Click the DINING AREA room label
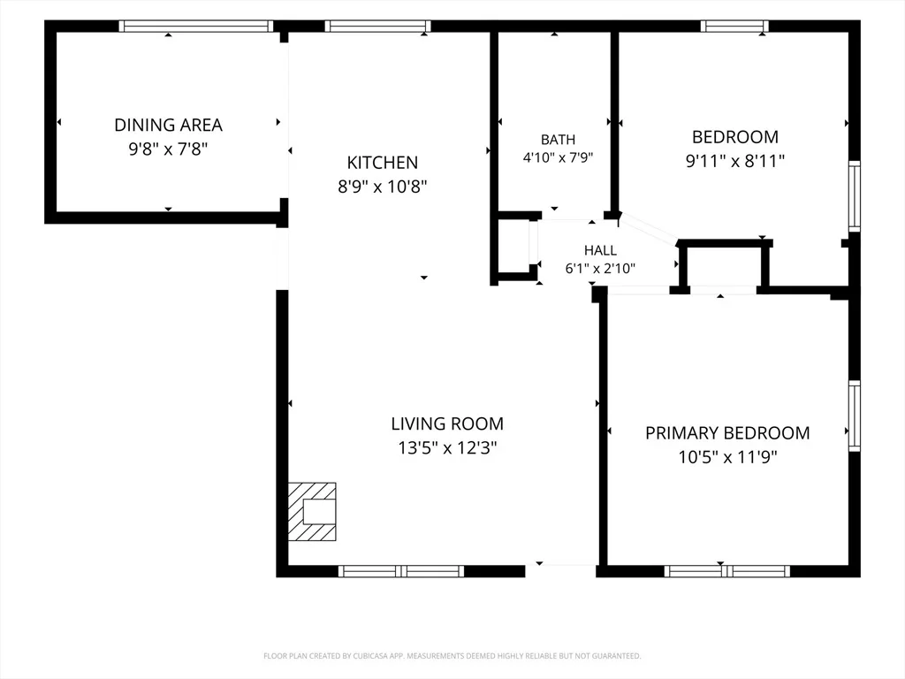coord(168,125)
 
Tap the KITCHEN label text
coord(382,163)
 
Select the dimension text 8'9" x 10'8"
coord(382,187)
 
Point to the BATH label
coord(559,140)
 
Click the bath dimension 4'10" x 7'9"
coord(559,157)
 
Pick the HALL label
coord(600,250)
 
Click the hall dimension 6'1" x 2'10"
coord(600,269)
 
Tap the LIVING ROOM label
coord(447,423)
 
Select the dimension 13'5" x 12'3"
coord(447,447)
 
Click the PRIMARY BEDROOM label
coord(727,433)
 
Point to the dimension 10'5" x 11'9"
coord(727,457)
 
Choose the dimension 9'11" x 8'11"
coord(734,161)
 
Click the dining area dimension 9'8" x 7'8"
coord(168,149)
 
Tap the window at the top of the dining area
coord(196,26)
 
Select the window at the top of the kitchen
coord(377,26)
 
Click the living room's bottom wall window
coord(401,572)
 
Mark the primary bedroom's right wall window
coord(855,416)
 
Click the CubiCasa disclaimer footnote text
coord(452,656)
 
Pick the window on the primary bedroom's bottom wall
coord(727,572)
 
